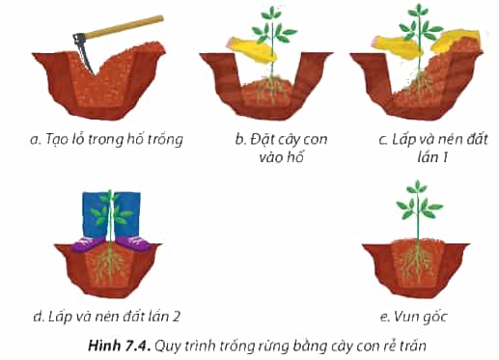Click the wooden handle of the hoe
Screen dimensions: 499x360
tap(123, 27)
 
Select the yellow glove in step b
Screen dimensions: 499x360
tap(252, 50)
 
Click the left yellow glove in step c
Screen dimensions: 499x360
tap(396, 47)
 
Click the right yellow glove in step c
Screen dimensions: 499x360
tap(455, 41)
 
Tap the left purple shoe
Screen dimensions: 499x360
tap(90, 243)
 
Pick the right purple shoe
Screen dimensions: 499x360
tap(133, 243)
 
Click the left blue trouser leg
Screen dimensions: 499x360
tap(95, 214)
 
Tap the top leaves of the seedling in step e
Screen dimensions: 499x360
tap(417, 187)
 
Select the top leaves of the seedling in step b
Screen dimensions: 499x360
tap(272, 13)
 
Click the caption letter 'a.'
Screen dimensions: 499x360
tap(36, 140)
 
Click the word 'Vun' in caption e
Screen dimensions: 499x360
tap(408, 317)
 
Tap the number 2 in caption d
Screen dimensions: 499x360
tap(176, 317)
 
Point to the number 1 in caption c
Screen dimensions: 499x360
tap(445, 157)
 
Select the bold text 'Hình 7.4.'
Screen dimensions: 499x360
tap(120, 346)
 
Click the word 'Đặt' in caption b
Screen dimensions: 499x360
tap(261, 139)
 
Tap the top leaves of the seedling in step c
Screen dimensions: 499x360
tap(418, 11)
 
